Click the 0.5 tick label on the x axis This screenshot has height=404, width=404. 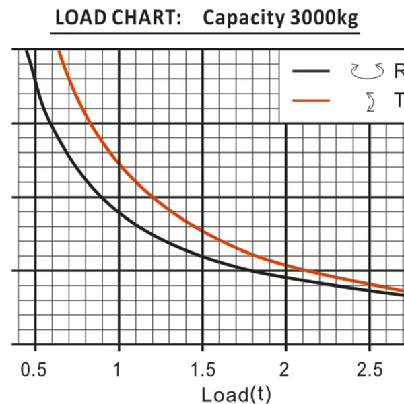34,370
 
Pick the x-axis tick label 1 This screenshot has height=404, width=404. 119,370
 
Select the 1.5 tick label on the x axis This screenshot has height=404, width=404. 203,370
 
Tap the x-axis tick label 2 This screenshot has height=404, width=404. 286,370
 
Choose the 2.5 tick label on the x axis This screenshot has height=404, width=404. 369,370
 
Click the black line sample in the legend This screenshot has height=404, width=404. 310,70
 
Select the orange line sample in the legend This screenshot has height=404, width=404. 310,100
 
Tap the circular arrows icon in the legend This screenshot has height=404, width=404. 366,70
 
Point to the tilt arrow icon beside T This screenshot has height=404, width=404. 369,101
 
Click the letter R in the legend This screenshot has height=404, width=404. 398,70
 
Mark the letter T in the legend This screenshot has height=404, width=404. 398,100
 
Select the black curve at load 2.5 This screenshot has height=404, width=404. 370,289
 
